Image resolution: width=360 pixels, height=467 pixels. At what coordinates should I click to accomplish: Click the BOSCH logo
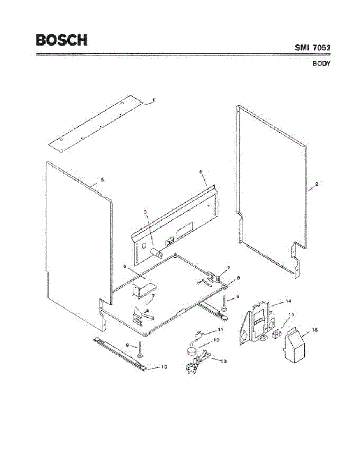pos(61,40)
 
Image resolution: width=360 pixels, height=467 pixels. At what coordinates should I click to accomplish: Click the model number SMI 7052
pos(312,48)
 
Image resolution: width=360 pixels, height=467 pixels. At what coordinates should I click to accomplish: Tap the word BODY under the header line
pos(321,64)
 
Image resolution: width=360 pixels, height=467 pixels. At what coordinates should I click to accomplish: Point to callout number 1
pos(153,100)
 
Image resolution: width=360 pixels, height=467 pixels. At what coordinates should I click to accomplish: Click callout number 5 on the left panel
pos(102,180)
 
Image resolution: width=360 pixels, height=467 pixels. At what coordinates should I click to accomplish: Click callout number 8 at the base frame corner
pos(238,278)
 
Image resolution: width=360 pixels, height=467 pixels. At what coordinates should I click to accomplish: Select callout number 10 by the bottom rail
pos(164,367)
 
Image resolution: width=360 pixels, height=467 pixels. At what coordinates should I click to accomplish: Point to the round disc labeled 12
pos(191,351)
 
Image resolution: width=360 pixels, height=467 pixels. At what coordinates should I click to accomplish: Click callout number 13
pos(223,361)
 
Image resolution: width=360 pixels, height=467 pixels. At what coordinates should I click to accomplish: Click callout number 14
pos(288,301)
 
